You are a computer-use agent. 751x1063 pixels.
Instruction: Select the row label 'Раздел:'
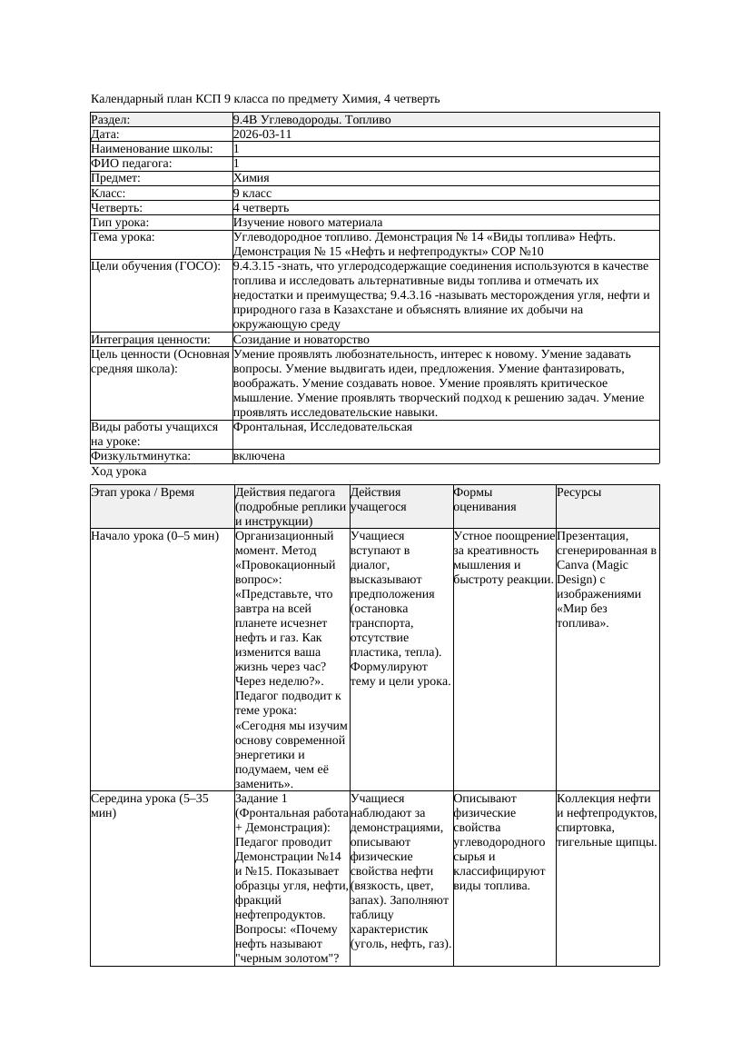coord(110,119)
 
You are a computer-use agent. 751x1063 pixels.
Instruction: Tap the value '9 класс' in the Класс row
coord(252,193)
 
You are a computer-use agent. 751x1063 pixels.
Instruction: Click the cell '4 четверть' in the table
coord(261,207)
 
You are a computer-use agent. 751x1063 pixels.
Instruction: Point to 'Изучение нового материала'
coord(307,222)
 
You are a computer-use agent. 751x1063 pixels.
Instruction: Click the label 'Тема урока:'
coord(123,236)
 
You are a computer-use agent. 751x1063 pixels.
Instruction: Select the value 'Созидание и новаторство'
coord(297,339)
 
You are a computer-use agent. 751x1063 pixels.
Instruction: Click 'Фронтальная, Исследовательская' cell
coord(322,426)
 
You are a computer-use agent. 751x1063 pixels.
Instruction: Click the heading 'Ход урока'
coord(118,472)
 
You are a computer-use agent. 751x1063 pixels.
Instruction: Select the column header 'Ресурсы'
coord(578,492)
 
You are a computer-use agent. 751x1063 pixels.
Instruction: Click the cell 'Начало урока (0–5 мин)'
coord(154,535)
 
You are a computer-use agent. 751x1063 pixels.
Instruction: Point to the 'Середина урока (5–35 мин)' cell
coord(150,805)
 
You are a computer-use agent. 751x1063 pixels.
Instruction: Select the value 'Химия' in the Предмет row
coord(251,178)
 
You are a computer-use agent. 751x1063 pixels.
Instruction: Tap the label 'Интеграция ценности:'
coord(150,339)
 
